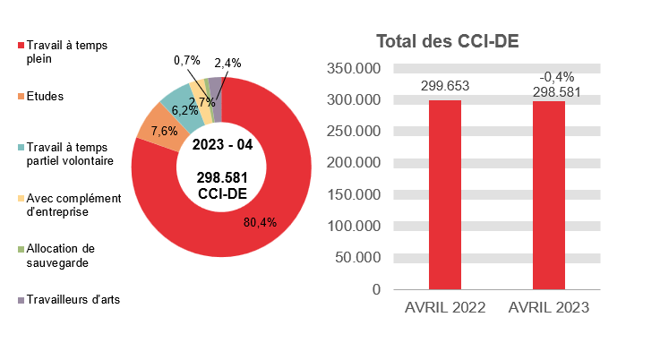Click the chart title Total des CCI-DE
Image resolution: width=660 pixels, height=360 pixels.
tap(448, 41)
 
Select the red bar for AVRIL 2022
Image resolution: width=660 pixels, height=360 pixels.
tap(445, 194)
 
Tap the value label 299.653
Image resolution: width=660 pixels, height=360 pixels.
tap(445, 86)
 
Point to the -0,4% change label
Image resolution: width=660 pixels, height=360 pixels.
tap(556, 77)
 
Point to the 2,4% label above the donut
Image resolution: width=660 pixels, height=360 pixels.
tap(227, 63)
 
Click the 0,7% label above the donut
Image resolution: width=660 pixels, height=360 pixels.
tap(187, 60)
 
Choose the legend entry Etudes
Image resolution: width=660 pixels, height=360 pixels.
tap(45, 96)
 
